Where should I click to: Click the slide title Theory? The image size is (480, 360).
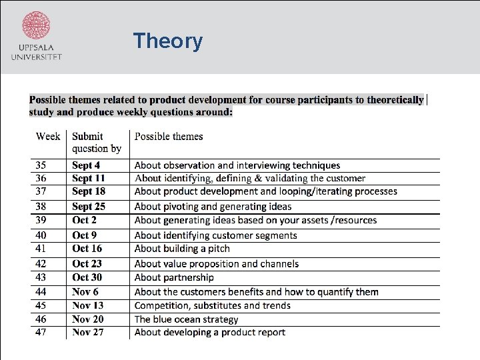pyautogui.click(x=167, y=41)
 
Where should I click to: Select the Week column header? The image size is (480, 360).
pyautogui.click(x=48, y=136)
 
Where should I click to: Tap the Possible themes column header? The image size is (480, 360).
pyautogui.click(x=169, y=136)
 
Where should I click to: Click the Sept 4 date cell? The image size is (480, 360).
pyautogui.click(x=86, y=165)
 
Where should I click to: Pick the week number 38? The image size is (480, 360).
pyautogui.click(x=41, y=206)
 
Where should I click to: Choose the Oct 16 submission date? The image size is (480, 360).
pyautogui.click(x=87, y=248)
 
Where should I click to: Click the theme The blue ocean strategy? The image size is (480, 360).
pyautogui.click(x=186, y=319)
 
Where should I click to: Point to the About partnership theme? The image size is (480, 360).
pyautogui.click(x=174, y=277)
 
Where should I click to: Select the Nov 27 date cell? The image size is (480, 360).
pyautogui.click(x=88, y=332)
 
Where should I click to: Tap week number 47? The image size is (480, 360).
pyautogui.click(x=41, y=332)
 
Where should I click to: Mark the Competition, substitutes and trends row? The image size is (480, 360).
pyautogui.click(x=212, y=305)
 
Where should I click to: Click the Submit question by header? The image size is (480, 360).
pyautogui.click(x=97, y=142)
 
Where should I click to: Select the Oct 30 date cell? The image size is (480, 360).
pyautogui.click(x=87, y=277)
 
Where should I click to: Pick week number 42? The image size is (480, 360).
pyautogui.click(x=41, y=263)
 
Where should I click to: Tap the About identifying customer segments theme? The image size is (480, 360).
pyautogui.click(x=215, y=235)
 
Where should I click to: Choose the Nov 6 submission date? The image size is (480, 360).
pyautogui.click(x=85, y=291)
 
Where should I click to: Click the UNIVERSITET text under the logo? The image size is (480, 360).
pyautogui.click(x=36, y=57)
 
